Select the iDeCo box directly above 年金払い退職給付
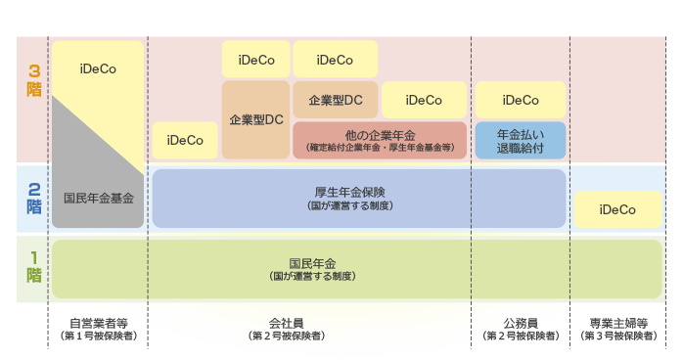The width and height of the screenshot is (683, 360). (x=520, y=100)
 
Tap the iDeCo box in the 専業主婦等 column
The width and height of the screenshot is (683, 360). (x=616, y=209)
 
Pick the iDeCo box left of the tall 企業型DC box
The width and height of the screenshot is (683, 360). (x=185, y=140)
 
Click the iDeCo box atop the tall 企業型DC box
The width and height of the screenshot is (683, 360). (x=255, y=60)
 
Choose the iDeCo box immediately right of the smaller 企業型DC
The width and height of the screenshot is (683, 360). (x=423, y=100)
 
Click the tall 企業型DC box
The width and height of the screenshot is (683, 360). (x=255, y=119)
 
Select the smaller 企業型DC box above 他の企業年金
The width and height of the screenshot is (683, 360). (x=335, y=100)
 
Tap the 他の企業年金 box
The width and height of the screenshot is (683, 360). (x=381, y=140)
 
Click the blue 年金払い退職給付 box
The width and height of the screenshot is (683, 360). (x=520, y=140)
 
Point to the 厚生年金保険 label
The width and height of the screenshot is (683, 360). (x=348, y=192)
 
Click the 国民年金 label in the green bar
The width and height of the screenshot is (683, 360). (x=312, y=264)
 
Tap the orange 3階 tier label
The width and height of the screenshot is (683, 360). (x=34, y=80)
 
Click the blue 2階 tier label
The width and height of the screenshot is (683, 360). (x=34, y=199)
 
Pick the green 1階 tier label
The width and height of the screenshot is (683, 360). (x=34, y=266)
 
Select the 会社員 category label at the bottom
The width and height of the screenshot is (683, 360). (x=286, y=323)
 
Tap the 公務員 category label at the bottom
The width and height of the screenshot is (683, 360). (x=520, y=323)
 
